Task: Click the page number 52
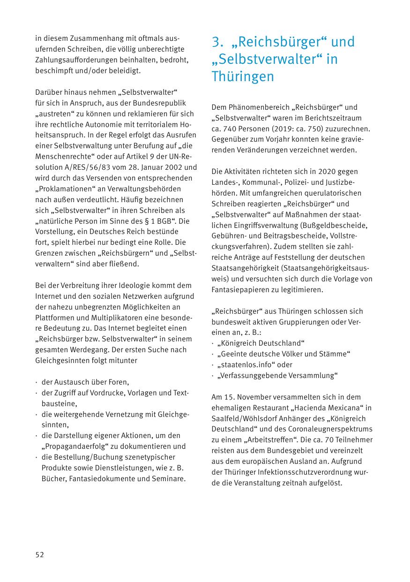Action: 39,554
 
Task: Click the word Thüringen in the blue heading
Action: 242,77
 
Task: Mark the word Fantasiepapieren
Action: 240,290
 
